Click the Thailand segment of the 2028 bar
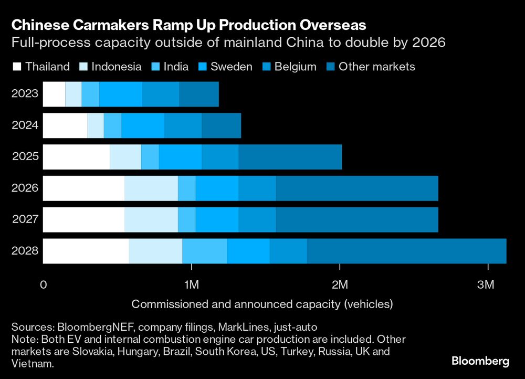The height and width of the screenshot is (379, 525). click(x=86, y=251)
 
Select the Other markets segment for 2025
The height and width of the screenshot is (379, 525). click(x=290, y=157)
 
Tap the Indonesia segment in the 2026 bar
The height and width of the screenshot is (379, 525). click(x=151, y=188)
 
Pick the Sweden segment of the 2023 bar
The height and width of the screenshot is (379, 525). click(x=120, y=94)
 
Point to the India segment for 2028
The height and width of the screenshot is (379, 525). click(x=204, y=251)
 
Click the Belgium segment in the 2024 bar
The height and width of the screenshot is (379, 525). click(x=183, y=125)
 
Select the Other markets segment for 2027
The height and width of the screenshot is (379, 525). click(x=356, y=219)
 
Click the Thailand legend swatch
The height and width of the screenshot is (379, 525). click(x=17, y=67)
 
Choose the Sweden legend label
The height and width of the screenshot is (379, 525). click(x=231, y=67)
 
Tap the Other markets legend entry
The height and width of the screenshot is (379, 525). click(x=376, y=67)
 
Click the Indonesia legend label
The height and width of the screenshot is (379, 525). click(x=116, y=67)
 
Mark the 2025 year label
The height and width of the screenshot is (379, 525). click(x=24, y=157)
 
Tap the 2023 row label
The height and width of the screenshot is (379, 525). click(x=24, y=94)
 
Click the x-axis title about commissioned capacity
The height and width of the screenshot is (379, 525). click(x=262, y=304)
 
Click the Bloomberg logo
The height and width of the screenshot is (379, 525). click(x=480, y=361)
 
